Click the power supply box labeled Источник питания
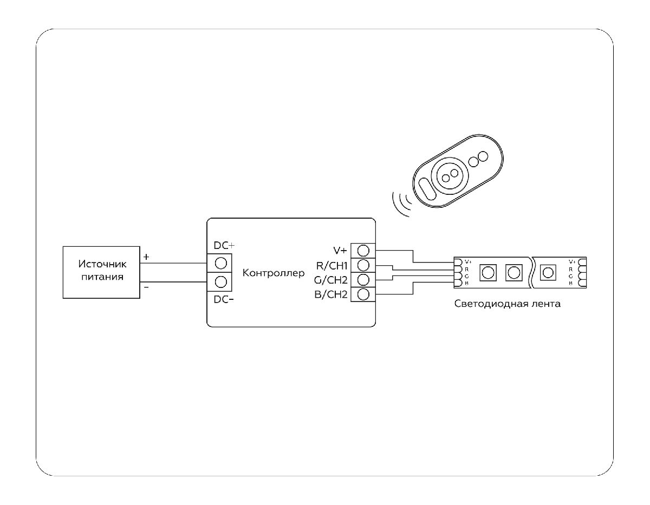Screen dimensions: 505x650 pos(101,271)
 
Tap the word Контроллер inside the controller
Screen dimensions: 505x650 pos(274,273)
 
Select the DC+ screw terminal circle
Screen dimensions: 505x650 pos(220,263)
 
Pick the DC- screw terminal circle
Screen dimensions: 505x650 pos(220,281)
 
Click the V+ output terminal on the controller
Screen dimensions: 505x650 pos(364,251)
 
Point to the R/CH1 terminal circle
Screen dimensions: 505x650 pos(364,265)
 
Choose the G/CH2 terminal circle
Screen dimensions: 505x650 pos(364,280)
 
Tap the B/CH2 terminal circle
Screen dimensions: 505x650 pos(364,294)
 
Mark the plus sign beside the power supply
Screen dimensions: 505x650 pos(146,256)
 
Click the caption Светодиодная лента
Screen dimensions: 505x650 pos(508,304)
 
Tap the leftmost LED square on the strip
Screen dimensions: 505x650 pos(488,272)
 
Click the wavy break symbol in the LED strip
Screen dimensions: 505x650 pos(532,271)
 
